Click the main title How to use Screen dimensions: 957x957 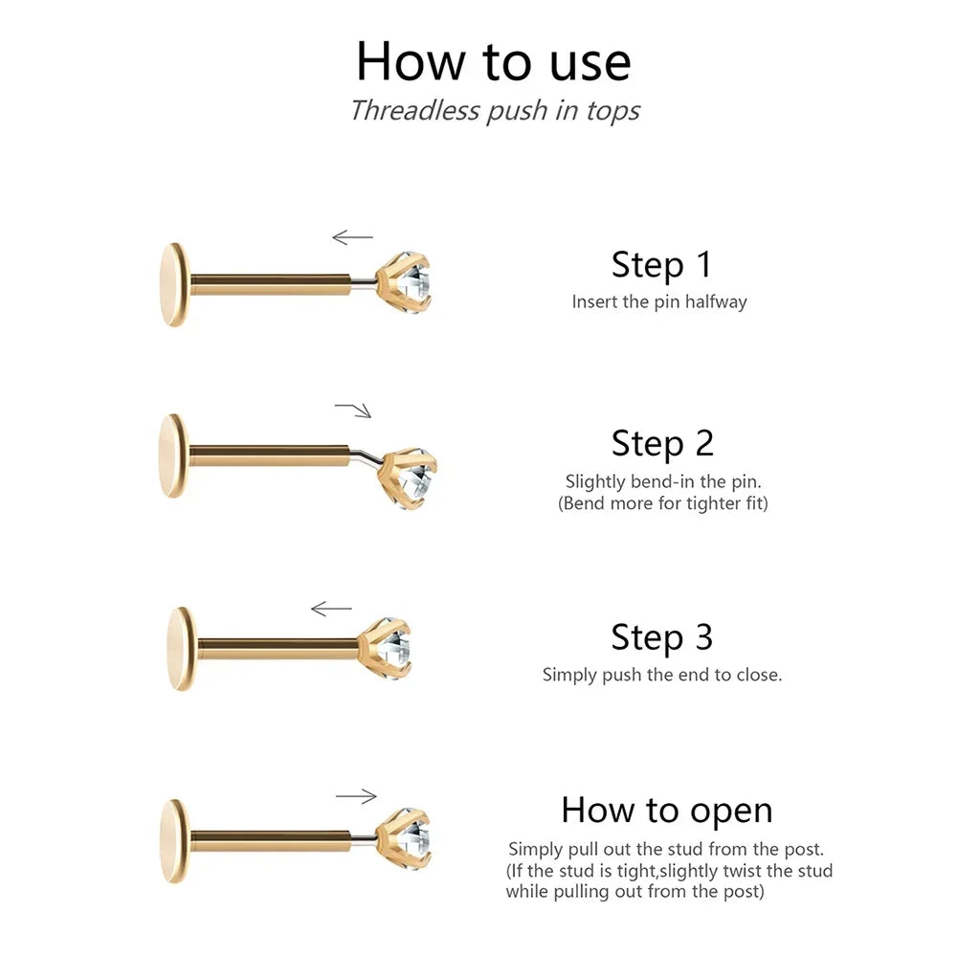(x=493, y=61)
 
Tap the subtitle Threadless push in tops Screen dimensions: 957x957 (x=495, y=110)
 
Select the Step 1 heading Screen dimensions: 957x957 (x=661, y=265)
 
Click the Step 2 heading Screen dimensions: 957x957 (x=662, y=444)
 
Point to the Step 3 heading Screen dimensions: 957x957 (x=661, y=637)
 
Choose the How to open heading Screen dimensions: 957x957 (x=666, y=812)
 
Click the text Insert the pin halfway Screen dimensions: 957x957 (x=659, y=301)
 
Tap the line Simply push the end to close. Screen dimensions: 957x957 (x=662, y=675)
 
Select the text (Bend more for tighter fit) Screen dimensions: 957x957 (x=663, y=503)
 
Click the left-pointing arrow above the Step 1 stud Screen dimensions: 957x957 (x=352, y=236)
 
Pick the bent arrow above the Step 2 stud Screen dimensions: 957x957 (x=354, y=409)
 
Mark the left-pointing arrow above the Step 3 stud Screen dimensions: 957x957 (x=331, y=609)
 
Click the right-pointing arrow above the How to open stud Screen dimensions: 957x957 (x=356, y=796)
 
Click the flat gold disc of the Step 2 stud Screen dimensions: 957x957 (x=173, y=456)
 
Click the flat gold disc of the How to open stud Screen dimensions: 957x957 (x=175, y=841)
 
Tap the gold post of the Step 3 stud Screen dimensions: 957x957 (x=278, y=649)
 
